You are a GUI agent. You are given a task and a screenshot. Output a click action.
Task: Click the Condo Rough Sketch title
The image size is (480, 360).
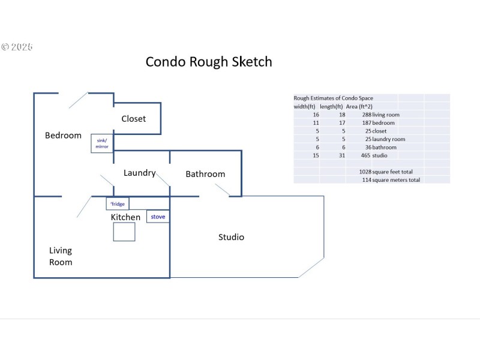coord(209,62)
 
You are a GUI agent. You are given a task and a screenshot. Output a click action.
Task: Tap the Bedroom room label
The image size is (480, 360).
coord(63,136)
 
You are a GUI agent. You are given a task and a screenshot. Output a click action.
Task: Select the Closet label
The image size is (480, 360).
coord(133,119)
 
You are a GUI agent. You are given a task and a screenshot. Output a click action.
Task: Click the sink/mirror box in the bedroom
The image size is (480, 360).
coord(101,143)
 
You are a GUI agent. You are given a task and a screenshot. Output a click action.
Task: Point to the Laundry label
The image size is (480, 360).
coord(139,173)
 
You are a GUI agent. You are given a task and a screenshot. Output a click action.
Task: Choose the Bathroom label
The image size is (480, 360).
coord(205,174)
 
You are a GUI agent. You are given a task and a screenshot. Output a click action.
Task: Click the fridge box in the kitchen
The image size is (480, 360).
coord(118,204)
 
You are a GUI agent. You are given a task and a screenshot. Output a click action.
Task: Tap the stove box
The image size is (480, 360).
coord(158,216)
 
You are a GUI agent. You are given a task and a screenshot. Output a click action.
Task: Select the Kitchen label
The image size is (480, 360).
coord(126,217)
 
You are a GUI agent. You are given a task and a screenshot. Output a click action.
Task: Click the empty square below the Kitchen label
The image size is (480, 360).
coord(124,232)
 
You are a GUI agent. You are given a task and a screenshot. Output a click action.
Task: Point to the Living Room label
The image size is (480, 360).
coord(61,256)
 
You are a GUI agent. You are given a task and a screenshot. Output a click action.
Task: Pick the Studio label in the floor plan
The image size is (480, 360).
coord(231,237)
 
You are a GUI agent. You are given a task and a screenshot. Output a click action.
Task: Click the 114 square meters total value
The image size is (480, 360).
coord(367,179)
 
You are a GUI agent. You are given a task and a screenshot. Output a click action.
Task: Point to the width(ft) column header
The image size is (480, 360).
coord(305,106)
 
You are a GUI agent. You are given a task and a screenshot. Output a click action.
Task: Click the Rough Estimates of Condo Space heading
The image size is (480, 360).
coord(333,98)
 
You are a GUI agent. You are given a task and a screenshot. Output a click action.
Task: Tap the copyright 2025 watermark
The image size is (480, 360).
coord(17,47)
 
